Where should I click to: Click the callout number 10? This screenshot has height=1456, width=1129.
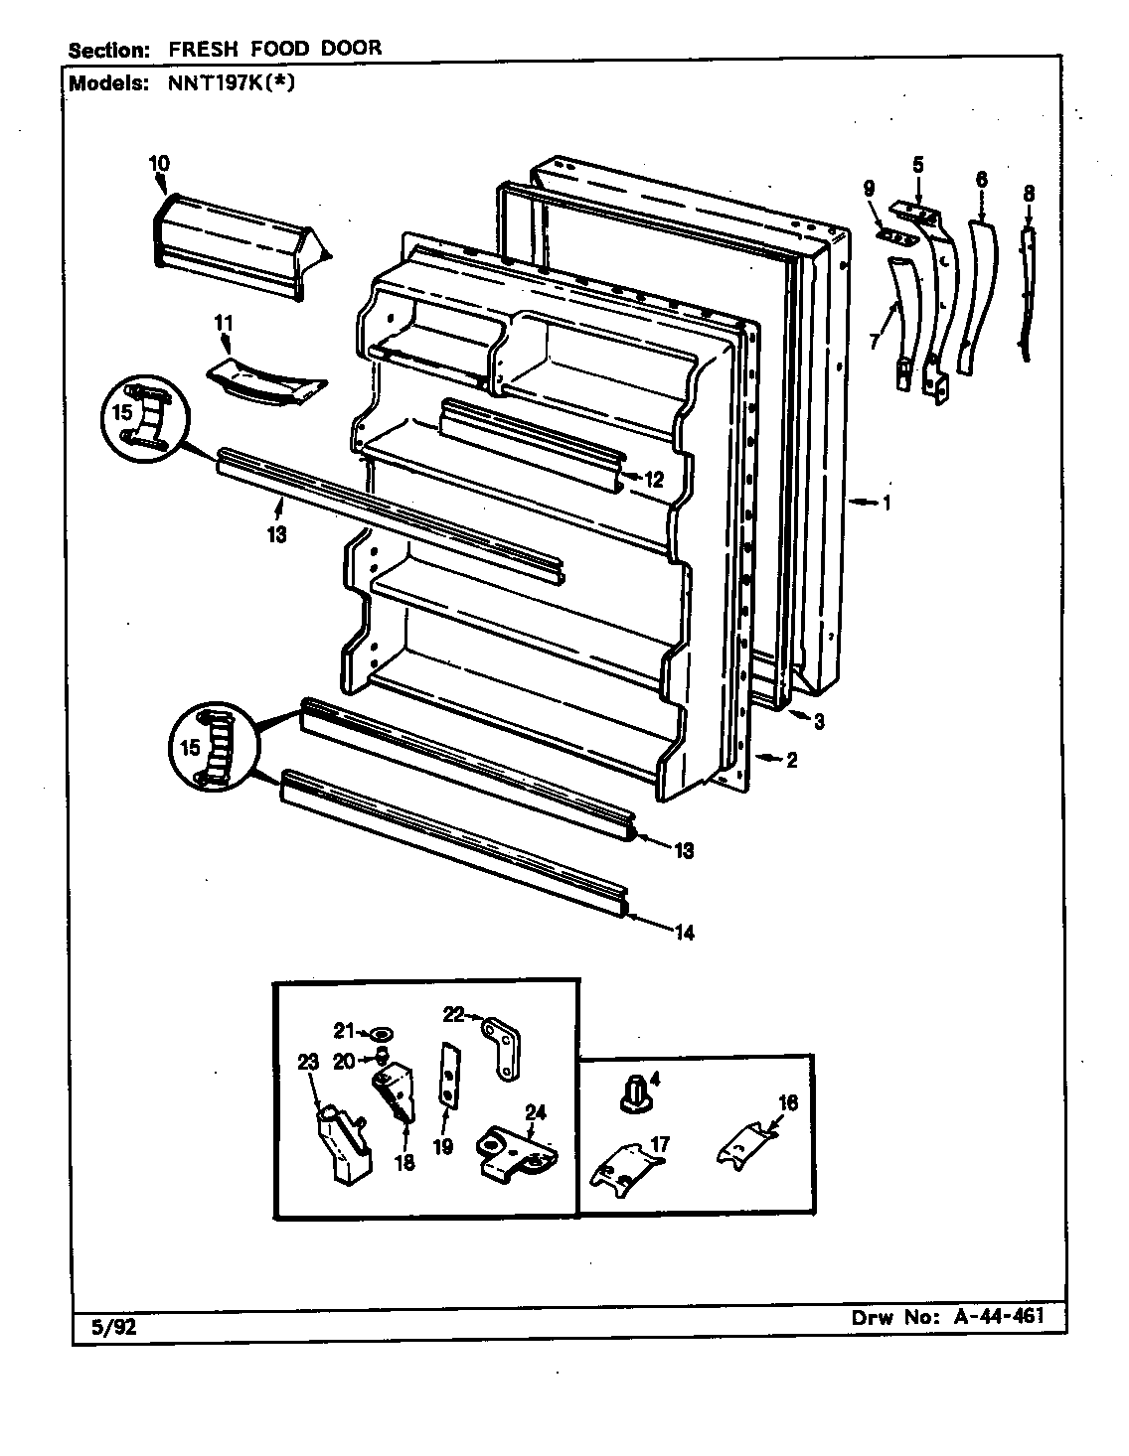click(x=159, y=163)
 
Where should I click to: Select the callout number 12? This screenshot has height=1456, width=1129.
click(x=652, y=479)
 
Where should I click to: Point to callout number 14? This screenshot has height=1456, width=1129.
click(x=684, y=932)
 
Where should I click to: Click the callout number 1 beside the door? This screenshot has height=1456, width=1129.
click(x=886, y=503)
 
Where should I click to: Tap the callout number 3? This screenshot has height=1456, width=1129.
click(x=818, y=722)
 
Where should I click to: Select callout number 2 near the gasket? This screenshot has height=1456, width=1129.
click(x=791, y=761)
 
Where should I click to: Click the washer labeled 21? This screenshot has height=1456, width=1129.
click(x=385, y=1034)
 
